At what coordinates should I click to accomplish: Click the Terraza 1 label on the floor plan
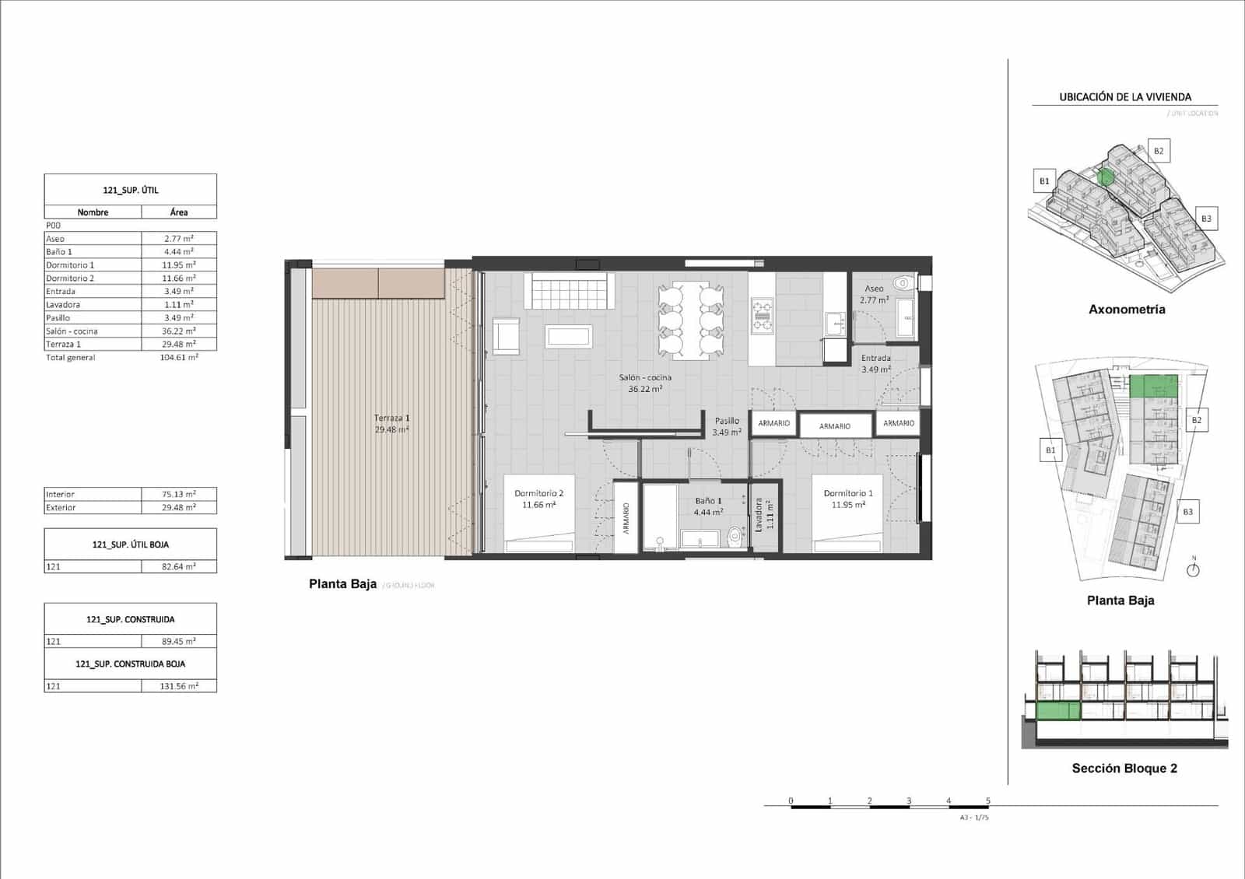click(x=391, y=423)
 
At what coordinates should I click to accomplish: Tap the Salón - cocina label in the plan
click(x=645, y=383)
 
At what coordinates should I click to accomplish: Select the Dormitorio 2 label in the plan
click(x=538, y=499)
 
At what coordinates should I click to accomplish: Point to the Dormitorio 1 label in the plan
click(x=848, y=499)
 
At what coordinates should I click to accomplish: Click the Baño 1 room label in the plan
click(x=708, y=506)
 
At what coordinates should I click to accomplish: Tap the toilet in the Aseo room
click(x=905, y=282)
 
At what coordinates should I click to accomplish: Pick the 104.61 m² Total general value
click(x=179, y=358)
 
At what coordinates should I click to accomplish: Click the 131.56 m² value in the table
click(x=179, y=686)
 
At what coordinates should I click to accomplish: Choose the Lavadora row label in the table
click(x=63, y=305)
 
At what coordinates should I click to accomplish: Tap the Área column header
click(x=179, y=212)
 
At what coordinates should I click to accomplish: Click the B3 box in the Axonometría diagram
click(x=1205, y=219)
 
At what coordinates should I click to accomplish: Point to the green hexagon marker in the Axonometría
click(x=1105, y=177)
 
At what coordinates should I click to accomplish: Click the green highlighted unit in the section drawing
click(x=1058, y=710)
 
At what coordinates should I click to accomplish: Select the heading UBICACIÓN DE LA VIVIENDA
click(x=1124, y=97)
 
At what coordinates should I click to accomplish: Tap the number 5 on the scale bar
click(x=988, y=800)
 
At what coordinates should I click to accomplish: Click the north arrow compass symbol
click(x=1194, y=569)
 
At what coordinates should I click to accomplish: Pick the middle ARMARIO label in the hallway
click(x=834, y=426)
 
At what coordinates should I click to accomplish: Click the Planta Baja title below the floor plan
click(x=342, y=584)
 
